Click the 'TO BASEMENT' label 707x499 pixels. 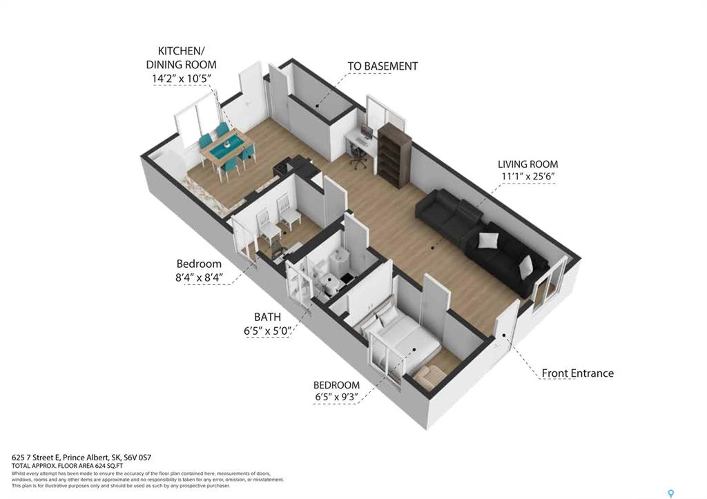(x=382, y=66)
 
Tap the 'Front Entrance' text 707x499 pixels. (x=577, y=373)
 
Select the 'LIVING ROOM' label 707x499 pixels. (x=527, y=164)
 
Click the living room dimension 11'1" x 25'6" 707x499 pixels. (x=527, y=177)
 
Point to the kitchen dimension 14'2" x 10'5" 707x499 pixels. (x=182, y=79)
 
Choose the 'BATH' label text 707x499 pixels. (x=267, y=317)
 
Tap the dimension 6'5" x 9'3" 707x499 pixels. (x=336, y=398)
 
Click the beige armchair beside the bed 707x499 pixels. (x=432, y=375)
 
